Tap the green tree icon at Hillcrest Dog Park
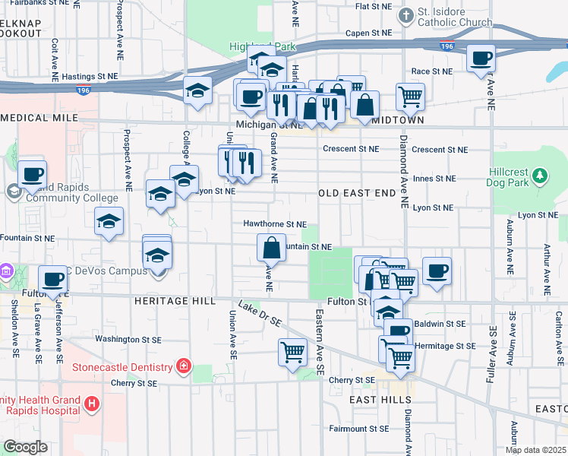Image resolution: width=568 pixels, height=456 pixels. (540, 176)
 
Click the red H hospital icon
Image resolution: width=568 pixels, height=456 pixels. (92, 403)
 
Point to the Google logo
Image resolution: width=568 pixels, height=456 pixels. (25, 447)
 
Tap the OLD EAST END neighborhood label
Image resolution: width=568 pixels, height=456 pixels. (357, 193)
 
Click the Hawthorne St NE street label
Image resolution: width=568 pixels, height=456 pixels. (274, 224)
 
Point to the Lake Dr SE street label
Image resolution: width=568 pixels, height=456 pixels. (260, 313)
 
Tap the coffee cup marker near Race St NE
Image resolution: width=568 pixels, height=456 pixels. (480, 58)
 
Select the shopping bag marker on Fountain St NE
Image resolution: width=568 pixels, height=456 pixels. (272, 247)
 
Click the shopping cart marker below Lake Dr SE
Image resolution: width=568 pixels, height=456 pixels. (292, 352)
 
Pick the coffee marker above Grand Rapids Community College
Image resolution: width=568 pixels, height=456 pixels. (32, 174)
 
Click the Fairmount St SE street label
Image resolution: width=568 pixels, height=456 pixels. (360, 429)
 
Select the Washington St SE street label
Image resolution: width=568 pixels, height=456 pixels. (127, 338)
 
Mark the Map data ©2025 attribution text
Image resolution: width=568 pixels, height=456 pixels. (535, 450)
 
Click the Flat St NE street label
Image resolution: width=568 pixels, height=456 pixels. (373, 6)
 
